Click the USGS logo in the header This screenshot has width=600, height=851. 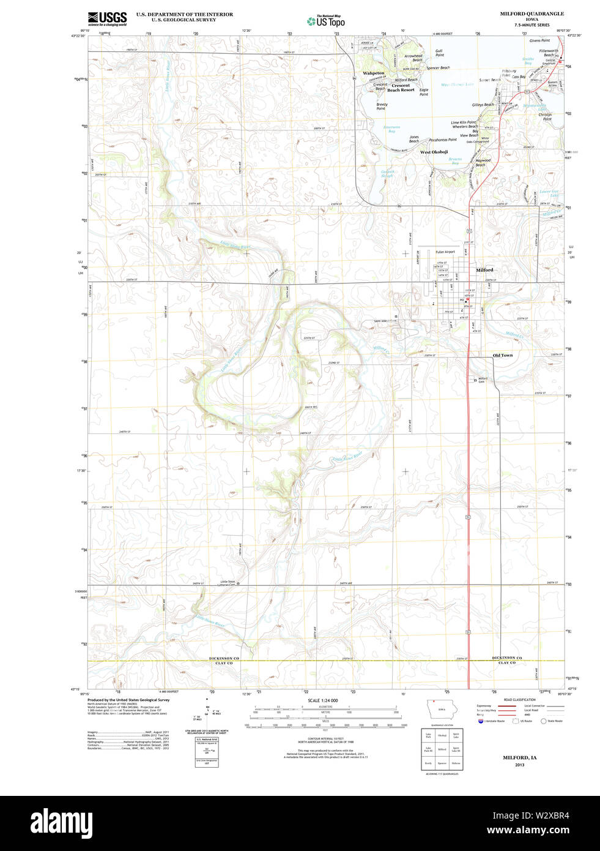pyautogui.click(x=107, y=18)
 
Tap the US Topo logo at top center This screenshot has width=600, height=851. pyautogui.click(x=327, y=20)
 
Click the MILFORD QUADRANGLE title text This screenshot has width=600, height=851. pyautogui.click(x=531, y=13)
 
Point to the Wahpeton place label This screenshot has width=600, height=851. pyautogui.click(x=374, y=73)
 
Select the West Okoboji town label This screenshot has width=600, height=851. pyautogui.click(x=434, y=152)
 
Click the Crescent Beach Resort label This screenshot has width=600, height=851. pyautogui.click(x=401, y=88)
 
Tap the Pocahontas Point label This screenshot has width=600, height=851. pyautogui.click(x=443, y=140)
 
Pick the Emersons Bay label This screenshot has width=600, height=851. pyautogui.click(x=391, y=129)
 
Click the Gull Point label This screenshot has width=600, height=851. pyautogui.click(x=439, y=53)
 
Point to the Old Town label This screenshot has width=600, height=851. pyautogui.click(x=503, y=355)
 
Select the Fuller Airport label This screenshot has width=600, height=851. pyautogui.click(x=445, y=252)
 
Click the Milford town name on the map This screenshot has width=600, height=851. pyautogui.click(x=484, y=270)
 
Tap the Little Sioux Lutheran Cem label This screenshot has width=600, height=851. pyautogui.click(x=228, y=583)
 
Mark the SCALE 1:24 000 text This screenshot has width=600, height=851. pyautogui.click(x=322, y=700)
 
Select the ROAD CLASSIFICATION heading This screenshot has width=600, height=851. pyautogui.click(x=519, y=700)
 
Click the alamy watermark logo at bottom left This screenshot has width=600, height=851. pyautogui.click(x=61, y=822)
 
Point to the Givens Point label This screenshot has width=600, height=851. pyautogui.click(x=539, y=40)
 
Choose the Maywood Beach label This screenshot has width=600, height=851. pyautogui.click(x=483, y=162)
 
